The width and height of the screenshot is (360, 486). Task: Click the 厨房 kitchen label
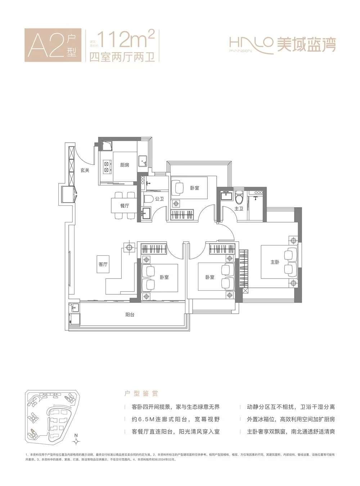tap(125, 165)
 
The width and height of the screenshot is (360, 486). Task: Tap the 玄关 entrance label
tap(85, 170)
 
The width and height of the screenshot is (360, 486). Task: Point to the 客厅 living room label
tap(103, 264)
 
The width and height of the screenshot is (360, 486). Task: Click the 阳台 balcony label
tap(130, 315)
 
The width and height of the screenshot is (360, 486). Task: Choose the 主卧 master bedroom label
tap(275, 262)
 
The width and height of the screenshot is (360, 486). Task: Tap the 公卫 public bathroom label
tap(159, 199)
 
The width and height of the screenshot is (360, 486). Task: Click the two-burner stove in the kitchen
tap(107, 166)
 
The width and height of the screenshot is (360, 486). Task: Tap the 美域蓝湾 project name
tap(306, 45)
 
